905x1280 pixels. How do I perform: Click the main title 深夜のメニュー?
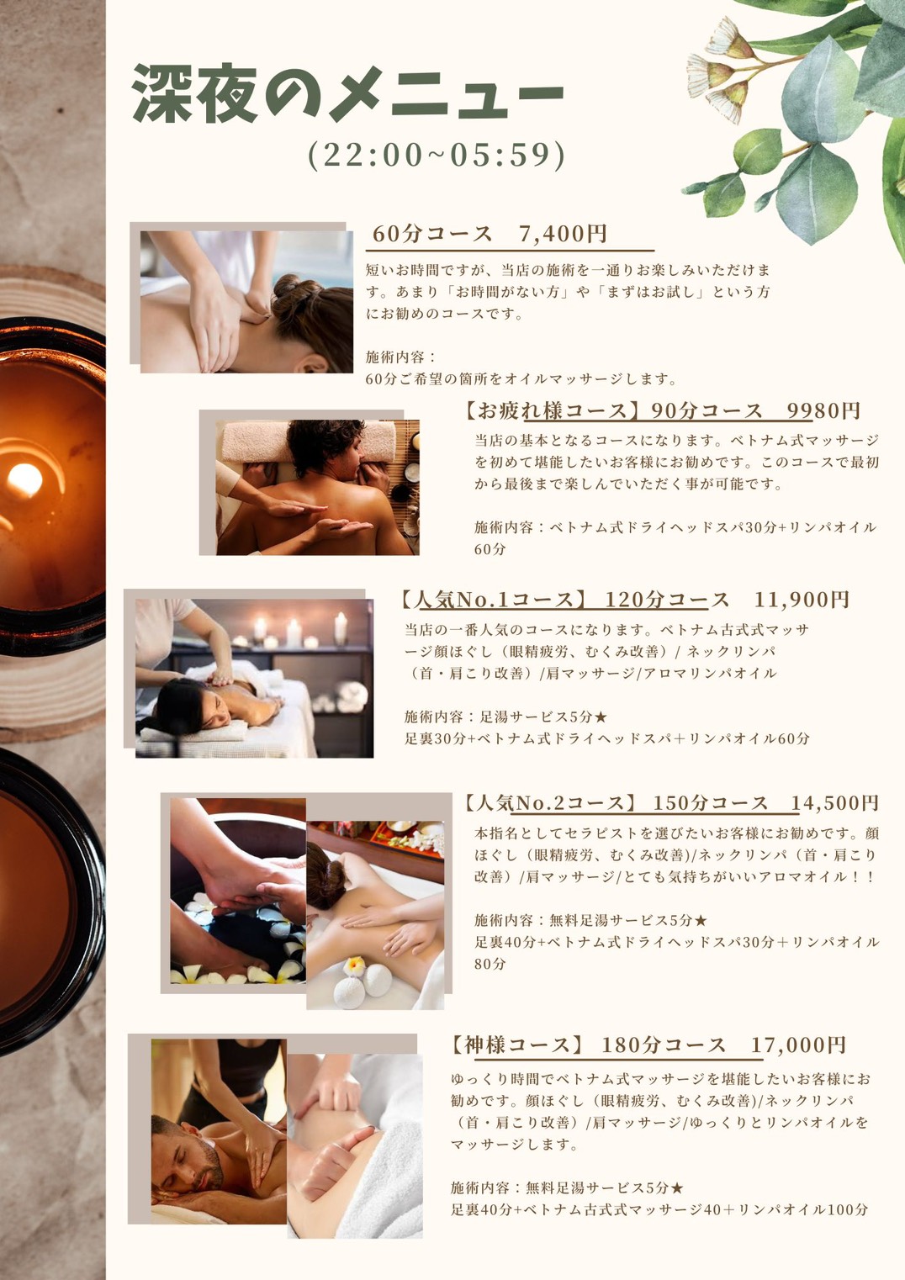click(x=348, y=94)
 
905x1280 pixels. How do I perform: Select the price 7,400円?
click(x=563, y=234)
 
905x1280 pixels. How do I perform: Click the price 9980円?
click(x=823, y=410)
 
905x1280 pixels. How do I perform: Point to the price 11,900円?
click(x=802, y=600)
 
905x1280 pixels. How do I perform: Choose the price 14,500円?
click(x=834, y=803)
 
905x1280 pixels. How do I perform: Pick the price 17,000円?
click(x=798, y=1045)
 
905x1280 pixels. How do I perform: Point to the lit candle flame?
click(x=24, y=479)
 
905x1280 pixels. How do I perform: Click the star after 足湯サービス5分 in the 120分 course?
click(x=601, y=717)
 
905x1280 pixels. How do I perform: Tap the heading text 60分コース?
click(x=432, y=234)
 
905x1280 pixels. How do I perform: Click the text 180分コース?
click(x=664, y=1045)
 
